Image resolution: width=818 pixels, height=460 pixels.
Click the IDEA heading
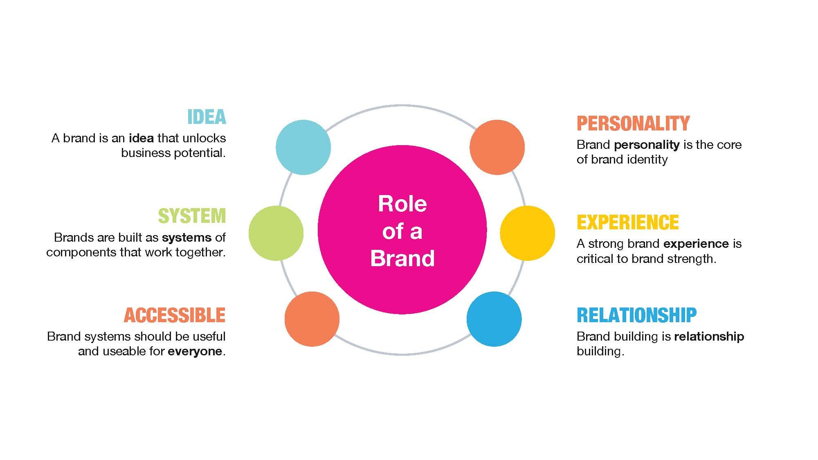pyautogui.click(x=207, y=117)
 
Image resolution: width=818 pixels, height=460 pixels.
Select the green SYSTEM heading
pyautogui.click(x=192, y=216)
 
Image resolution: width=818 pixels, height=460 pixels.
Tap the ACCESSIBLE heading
pyautogui.click(x=175, y=315)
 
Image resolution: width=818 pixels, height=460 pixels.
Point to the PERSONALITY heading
pyautogui.click(x=633, y=123)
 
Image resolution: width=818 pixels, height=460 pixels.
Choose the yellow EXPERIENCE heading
pyautogui.click(x=628, y=222)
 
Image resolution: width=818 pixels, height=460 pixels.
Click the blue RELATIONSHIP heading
pyautogui.click(x=636, y=315)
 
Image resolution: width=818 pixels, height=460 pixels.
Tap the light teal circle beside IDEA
pyautogui.click(x=303, y=147)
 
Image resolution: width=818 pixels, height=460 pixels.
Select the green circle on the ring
pyautogui.click(x=276, y=233)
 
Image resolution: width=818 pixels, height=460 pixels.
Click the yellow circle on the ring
pyautogui.click(x=527, y=233)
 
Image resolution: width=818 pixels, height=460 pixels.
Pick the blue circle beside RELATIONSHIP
pyautogui.click(x=494, y=319)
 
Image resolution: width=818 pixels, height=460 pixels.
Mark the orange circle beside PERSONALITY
pyautogui.click(x=497, y=147)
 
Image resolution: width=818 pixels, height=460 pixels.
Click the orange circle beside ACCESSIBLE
pyautogui.click(x=312, y=319)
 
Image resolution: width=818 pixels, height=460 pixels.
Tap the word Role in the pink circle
pyautogui.click(x=402, y=204)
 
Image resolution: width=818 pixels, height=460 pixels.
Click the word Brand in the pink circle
pyautogui.click(x=402, y=258)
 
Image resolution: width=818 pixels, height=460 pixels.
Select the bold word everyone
pyautogui.click(x=195, y=351)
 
